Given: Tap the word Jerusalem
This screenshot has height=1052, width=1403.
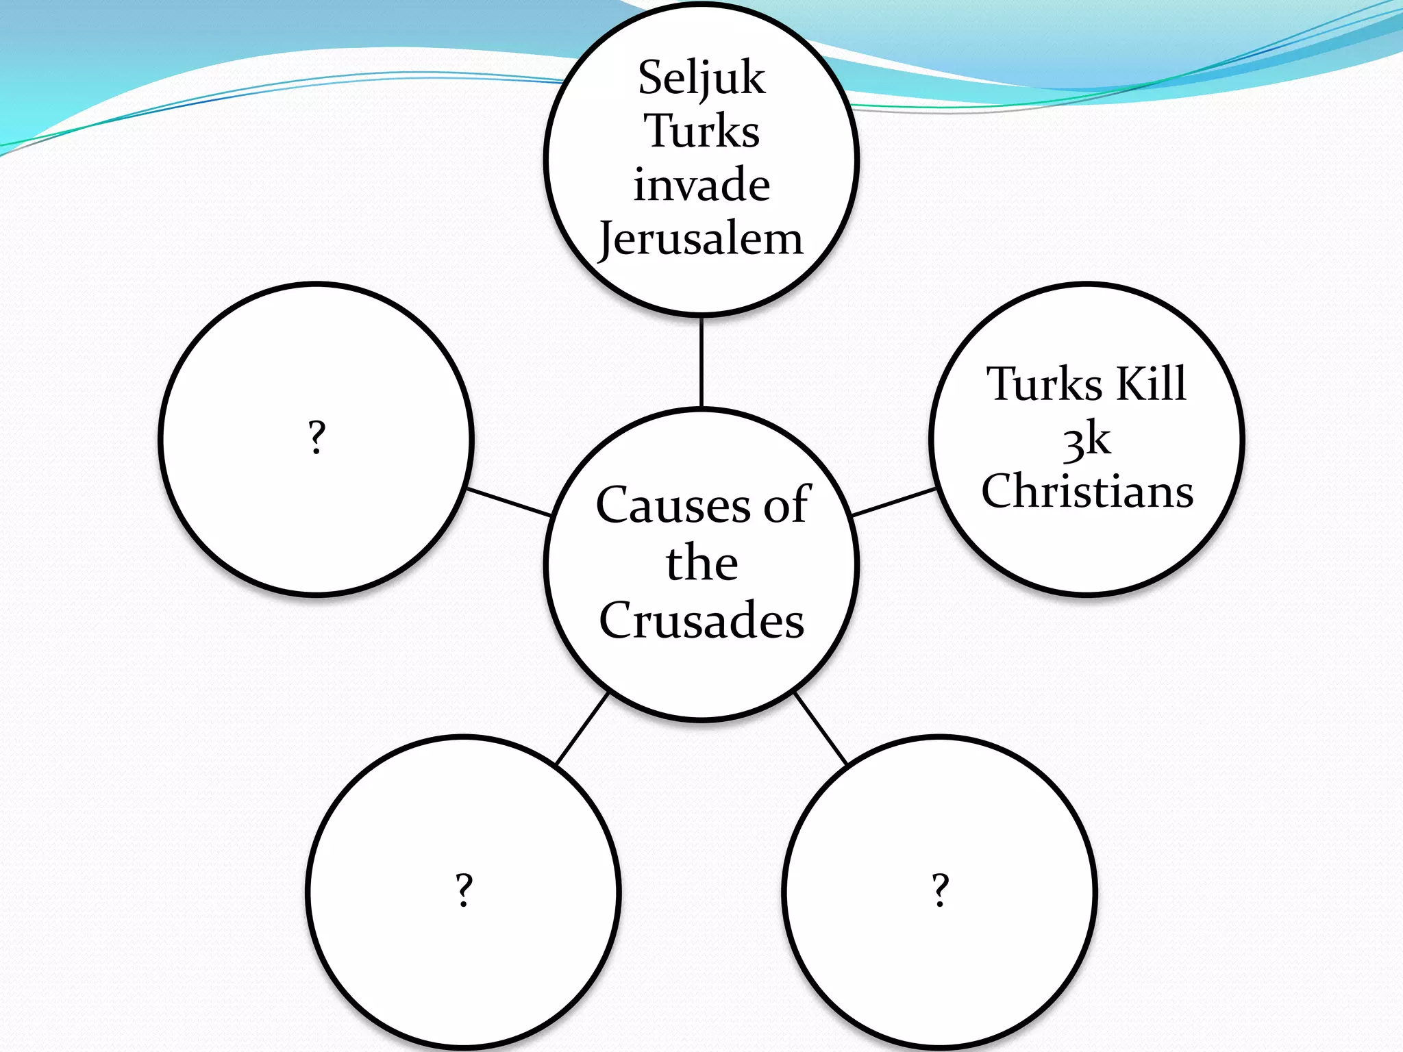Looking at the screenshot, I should click(701, 240).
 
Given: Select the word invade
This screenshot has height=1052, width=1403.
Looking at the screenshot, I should click(701, 185).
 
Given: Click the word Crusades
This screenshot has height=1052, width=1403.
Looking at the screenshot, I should click(701, 620).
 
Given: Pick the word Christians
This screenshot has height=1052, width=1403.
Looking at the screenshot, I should click(1087, 491).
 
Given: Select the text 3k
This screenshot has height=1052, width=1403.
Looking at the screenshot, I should click(1087, 439).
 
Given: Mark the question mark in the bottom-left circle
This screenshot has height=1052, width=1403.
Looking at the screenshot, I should click(464, 890).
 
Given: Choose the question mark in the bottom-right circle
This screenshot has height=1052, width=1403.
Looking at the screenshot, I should click(941, 890).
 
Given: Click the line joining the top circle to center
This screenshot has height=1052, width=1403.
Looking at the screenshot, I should click(701, 362).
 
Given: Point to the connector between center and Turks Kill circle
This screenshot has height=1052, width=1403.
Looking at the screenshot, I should click(893, 502).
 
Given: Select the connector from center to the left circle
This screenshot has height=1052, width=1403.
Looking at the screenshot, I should click(509, 502).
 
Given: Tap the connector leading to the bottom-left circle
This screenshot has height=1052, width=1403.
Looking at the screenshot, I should click(582, 728).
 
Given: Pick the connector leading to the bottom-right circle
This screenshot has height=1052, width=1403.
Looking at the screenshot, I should click(821, 728).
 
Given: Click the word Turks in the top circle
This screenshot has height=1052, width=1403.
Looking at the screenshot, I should click(701, 131).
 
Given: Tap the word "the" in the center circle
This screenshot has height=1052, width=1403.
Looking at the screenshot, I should click(701, 563).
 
